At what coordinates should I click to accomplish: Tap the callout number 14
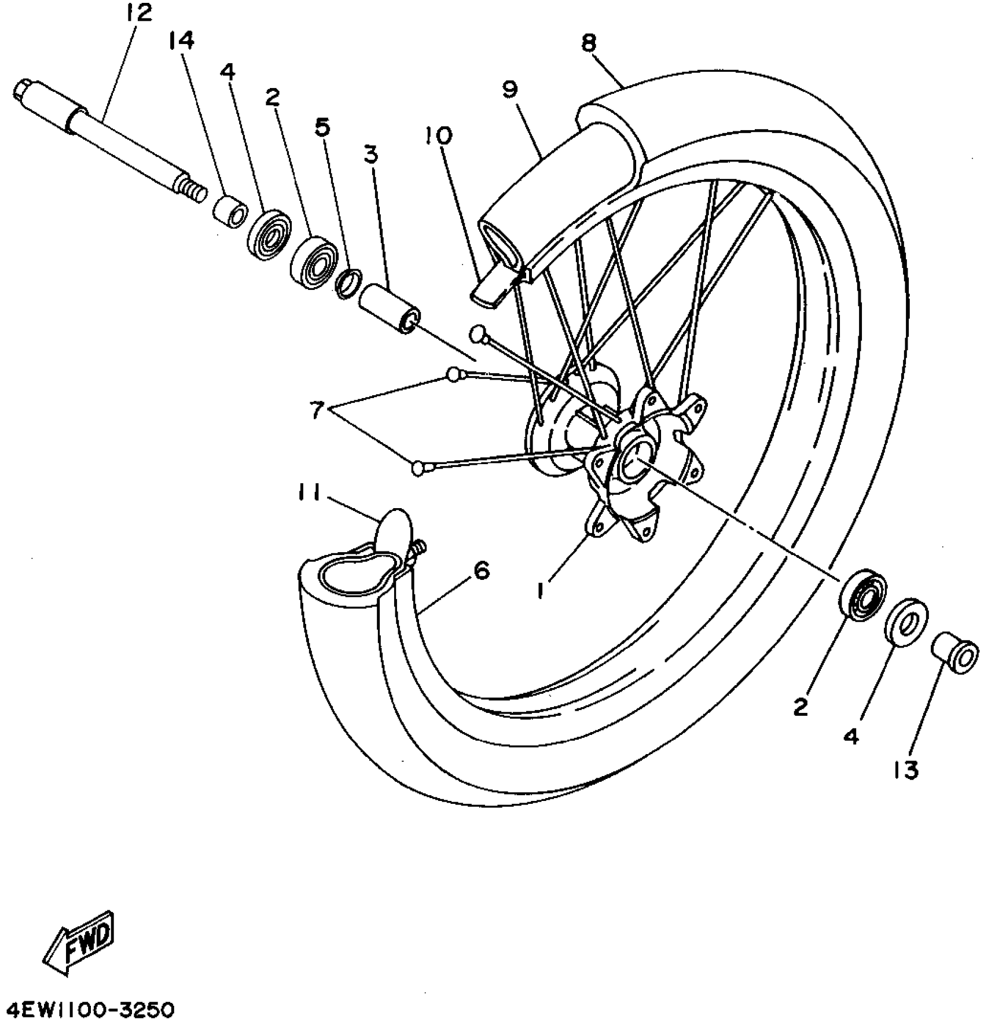182,41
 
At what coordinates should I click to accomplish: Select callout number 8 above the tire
589,43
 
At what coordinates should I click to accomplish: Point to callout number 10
438,136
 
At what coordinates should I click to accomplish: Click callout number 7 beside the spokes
316,411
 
